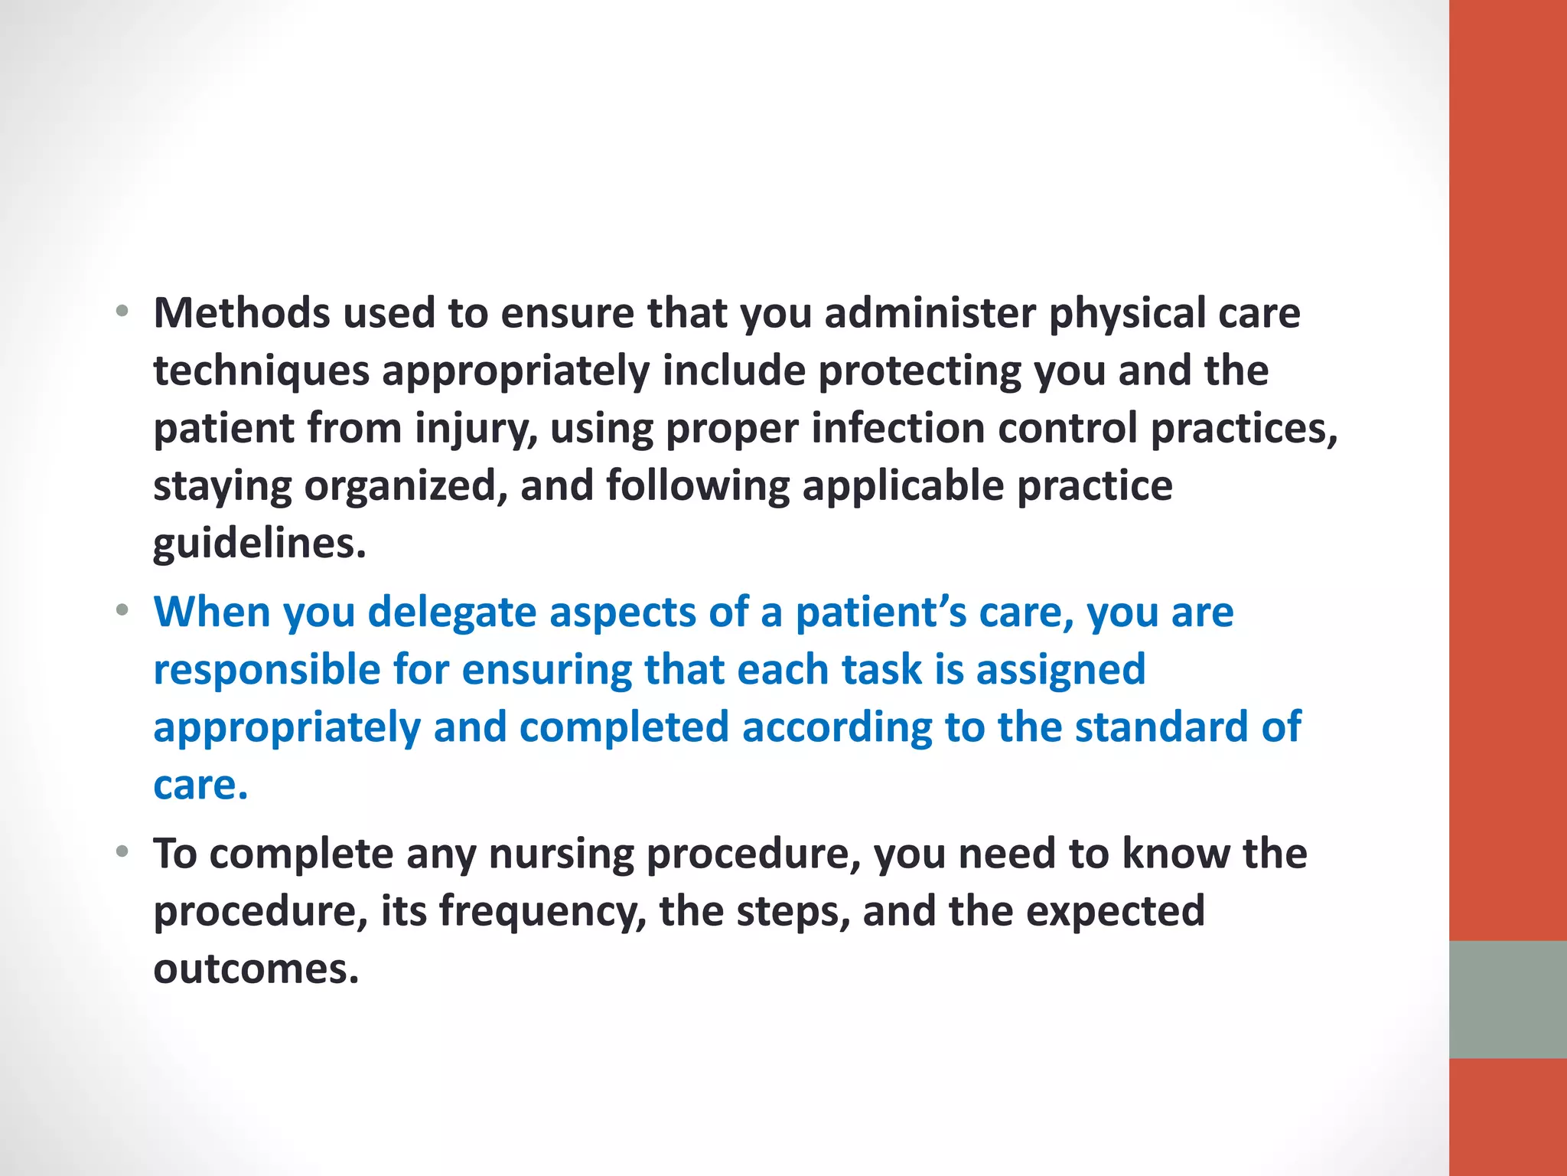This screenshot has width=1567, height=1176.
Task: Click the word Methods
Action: coord(242,313)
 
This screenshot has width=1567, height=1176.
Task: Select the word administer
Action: coord(929,313)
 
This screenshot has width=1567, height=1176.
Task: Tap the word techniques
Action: coord(261,371)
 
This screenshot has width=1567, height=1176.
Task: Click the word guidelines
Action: coord(259,544)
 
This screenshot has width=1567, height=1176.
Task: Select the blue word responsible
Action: coord(267,670)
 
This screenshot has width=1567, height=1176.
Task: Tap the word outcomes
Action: coord(256,969)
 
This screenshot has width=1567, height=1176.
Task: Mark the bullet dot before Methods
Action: coord(122,312)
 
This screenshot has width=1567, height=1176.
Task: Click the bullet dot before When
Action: coord(122,611)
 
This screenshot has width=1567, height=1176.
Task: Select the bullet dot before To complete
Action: coord(122,852)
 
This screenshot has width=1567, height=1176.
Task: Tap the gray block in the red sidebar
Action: coord(1507,999)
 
